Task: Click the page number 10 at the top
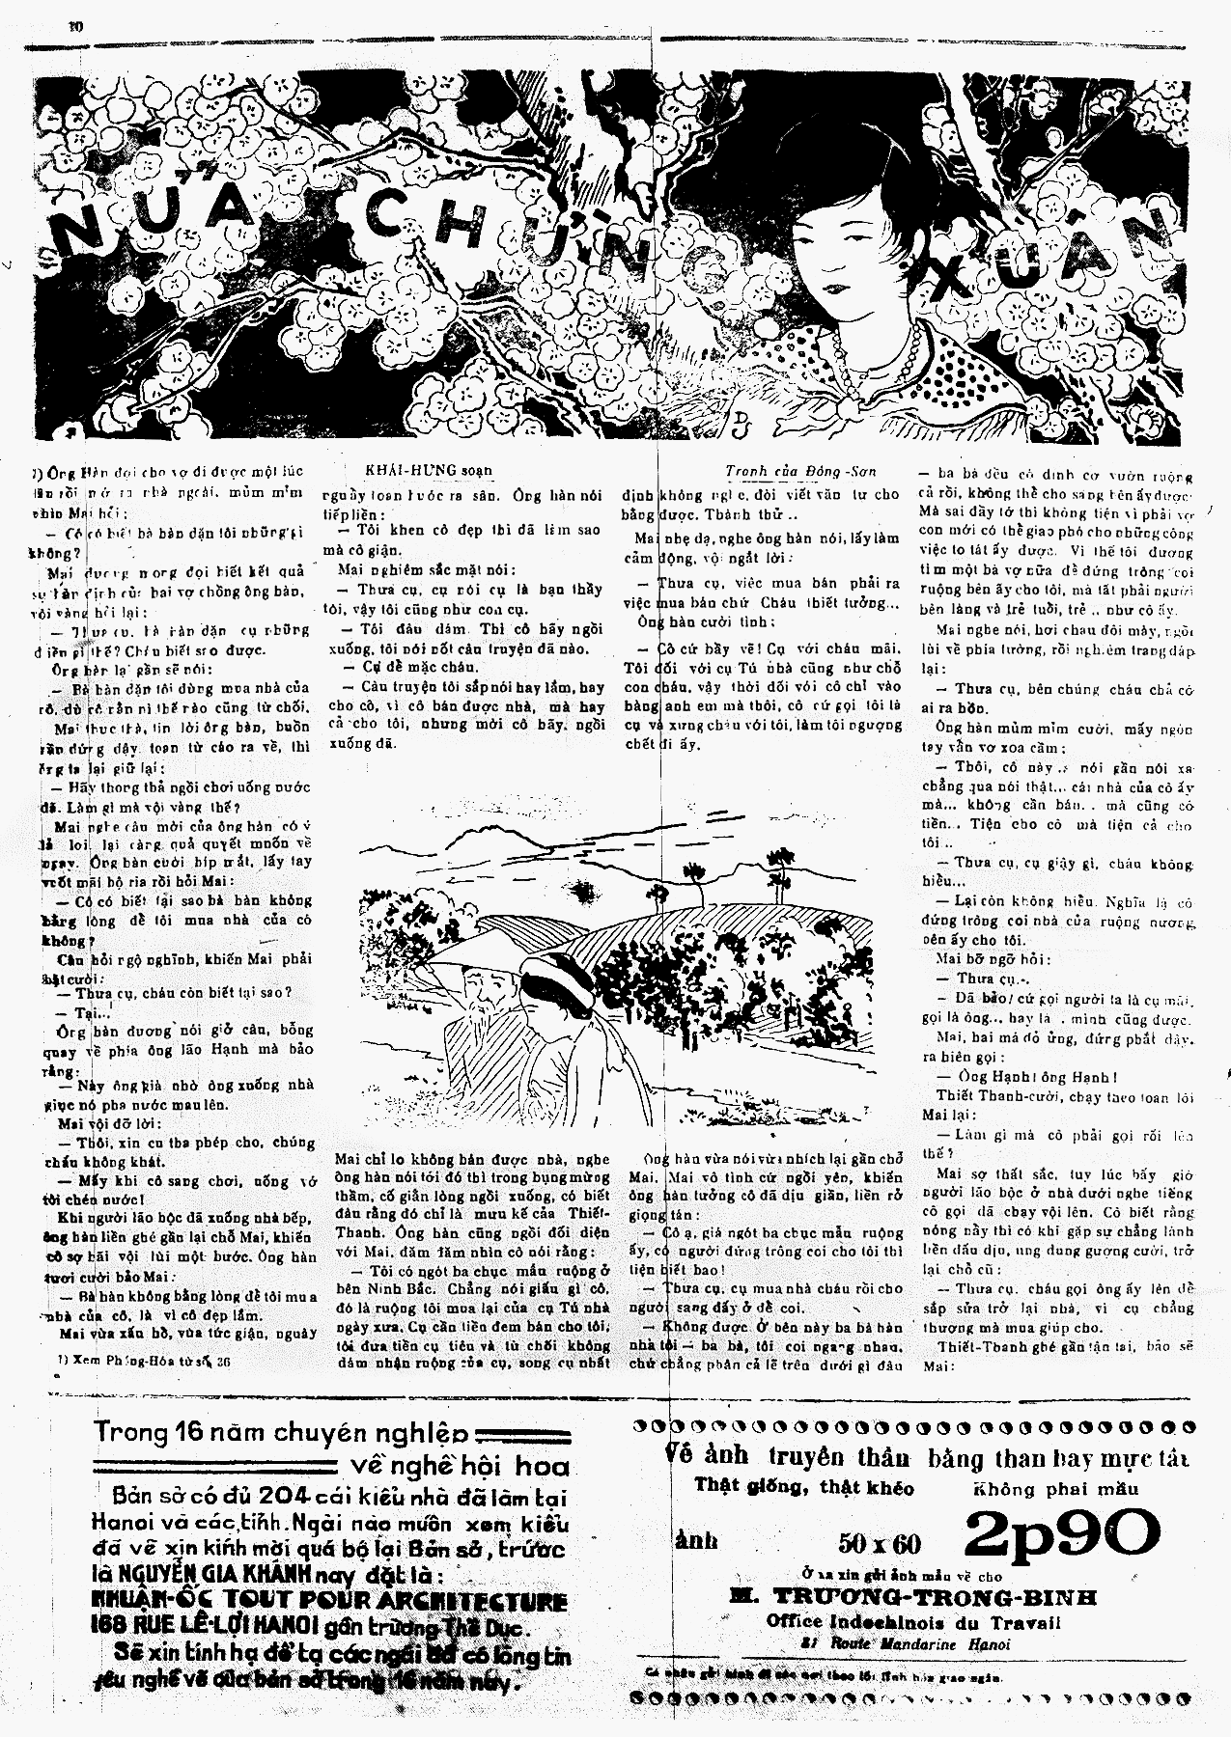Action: click(76, 26)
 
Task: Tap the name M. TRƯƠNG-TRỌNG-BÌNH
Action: click(913, 1596)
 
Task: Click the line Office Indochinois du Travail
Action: click(912, 1622)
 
